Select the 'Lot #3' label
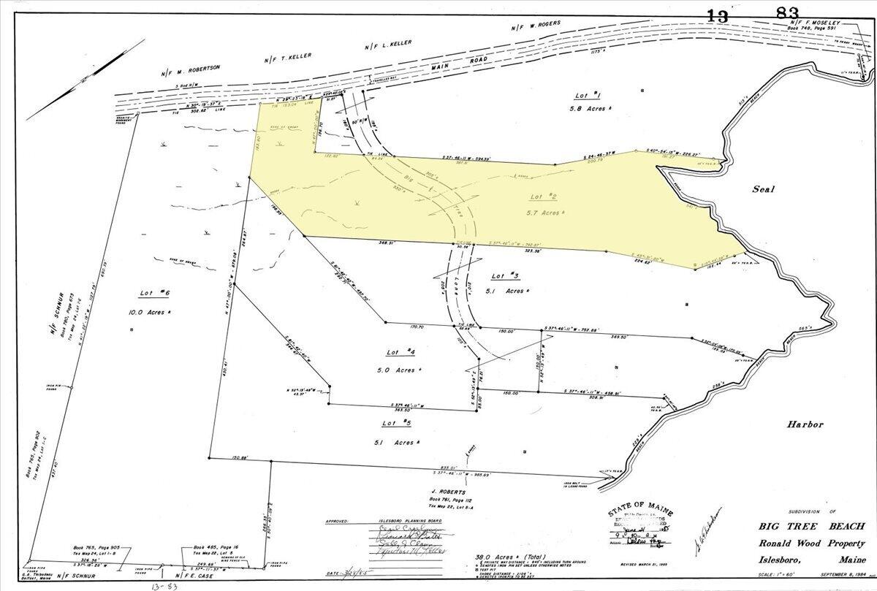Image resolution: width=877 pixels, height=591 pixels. click(x=505, y=275)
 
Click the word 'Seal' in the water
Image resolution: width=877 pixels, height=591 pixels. click(x=763, y=189)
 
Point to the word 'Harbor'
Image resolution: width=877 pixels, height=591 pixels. click(x=805, y=424)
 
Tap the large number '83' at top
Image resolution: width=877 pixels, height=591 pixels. click(x=786, y=13)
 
